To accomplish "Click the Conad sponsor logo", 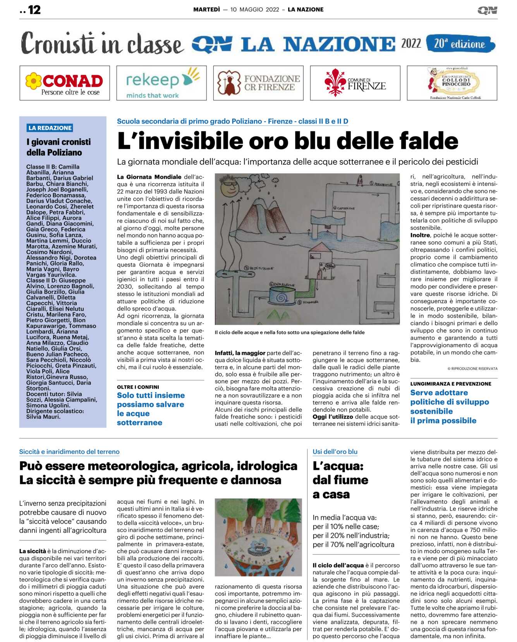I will (x=65, y=83).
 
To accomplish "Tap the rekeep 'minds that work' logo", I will (x=161, y=83).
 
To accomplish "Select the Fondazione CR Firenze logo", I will (x=258, y=83).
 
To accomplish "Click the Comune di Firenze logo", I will (x=355, y=83).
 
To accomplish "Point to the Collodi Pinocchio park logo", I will (x=452, y=83).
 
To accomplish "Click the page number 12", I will (x=34, y=10).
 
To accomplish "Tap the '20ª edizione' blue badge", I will (x=460, y=44).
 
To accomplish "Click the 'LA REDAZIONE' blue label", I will (x=50, y=128).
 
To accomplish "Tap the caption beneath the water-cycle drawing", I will (x=290, y=332).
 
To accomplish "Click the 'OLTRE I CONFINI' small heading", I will (x=138, y=387).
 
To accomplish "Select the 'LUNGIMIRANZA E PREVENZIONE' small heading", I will (x=450, y=384).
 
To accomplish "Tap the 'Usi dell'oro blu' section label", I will (x=335, y=452).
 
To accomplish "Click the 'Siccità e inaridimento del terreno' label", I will (x=69, y=452).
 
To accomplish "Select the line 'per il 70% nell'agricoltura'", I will (x=353, y=545).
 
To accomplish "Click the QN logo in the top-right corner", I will (x=487, y=10).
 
